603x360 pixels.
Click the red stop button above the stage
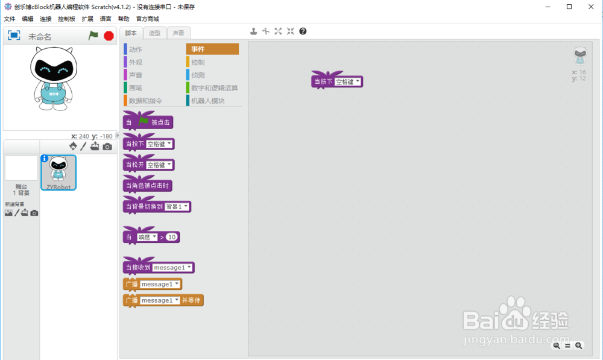(x=109, y=36)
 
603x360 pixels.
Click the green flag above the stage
(x=93, y=36)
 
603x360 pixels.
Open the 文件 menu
(x=10, y=19)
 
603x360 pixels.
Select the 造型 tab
(x=154, y=33)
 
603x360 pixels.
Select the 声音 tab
(x=178, y=33)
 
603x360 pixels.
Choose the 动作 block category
(x=136, y=49)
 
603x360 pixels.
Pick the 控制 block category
(x=198, y=62)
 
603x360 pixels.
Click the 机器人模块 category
(x=207, y=101)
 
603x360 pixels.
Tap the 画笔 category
(x=136, y=88)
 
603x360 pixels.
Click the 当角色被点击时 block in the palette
(x=148, y=185)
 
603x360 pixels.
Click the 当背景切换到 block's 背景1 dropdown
(x=177, y=207)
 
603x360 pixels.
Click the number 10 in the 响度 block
(x=172, y=238)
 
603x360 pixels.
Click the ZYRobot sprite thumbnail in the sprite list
(x=58, y=172)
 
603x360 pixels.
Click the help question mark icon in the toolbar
(x=303, y=31)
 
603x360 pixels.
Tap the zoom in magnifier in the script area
(x=579, y=346)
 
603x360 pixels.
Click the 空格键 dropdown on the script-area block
(x=348, y=81)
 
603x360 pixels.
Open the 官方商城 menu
(x=147, y=19)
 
